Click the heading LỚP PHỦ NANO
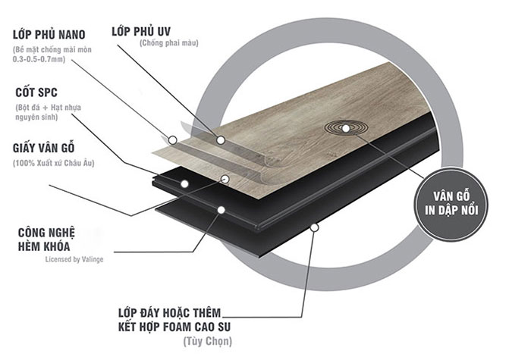pos(49,35)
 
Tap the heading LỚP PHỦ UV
pos(141,31)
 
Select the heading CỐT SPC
pos(36,92)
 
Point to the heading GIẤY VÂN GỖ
pos(44,148)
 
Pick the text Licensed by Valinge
pos(74,259)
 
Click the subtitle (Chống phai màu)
pos(169,43)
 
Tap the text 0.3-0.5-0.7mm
pos(39,59)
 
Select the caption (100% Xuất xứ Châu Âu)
pos(54,163)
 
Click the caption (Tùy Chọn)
pos(208,341)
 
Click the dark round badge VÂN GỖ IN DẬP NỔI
pos(451,204)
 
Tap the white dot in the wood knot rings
pos(346,129)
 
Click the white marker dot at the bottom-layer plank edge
pos(315,227)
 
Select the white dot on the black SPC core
pos(184,184)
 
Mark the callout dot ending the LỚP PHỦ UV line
pos(221,139)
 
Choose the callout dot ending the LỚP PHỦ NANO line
pos(173,139)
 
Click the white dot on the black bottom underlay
pos(222,210)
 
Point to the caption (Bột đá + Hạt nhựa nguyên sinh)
pos(48,112)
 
